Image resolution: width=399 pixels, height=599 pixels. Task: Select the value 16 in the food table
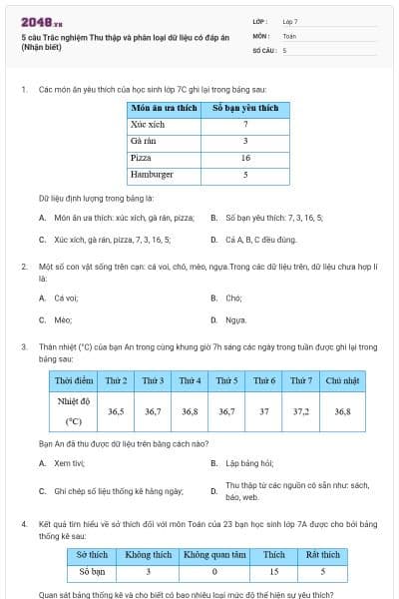pos(244,158)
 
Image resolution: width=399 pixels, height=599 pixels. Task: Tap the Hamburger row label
pos(153,175)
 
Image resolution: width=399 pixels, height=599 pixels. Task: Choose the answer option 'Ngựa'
pos(235,319)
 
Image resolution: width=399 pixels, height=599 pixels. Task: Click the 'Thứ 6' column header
pos(264,380)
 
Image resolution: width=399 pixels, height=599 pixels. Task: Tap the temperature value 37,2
pos(300,410)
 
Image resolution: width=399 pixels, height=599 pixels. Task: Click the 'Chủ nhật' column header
pos(342,380)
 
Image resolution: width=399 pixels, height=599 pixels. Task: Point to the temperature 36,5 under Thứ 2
pos(116,410)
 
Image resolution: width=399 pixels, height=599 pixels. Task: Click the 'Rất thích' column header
pos(322,555)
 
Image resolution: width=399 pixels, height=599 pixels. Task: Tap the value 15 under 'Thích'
pos(273,572)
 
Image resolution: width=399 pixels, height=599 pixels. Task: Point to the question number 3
pos(24,346)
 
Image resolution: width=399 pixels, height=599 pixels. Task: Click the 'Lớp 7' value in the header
pos(290,21)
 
